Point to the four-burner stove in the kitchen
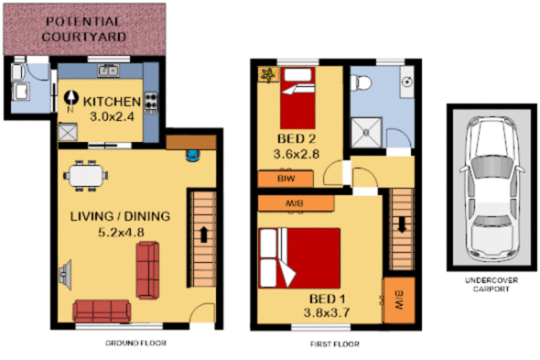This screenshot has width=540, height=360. pos(149,101)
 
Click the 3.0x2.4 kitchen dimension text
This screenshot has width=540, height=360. pos(113,117)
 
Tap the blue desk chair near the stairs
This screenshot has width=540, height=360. pos(192,153)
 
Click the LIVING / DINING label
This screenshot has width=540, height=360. pos(121,216)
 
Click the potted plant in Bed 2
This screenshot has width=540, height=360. pos(268,73)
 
